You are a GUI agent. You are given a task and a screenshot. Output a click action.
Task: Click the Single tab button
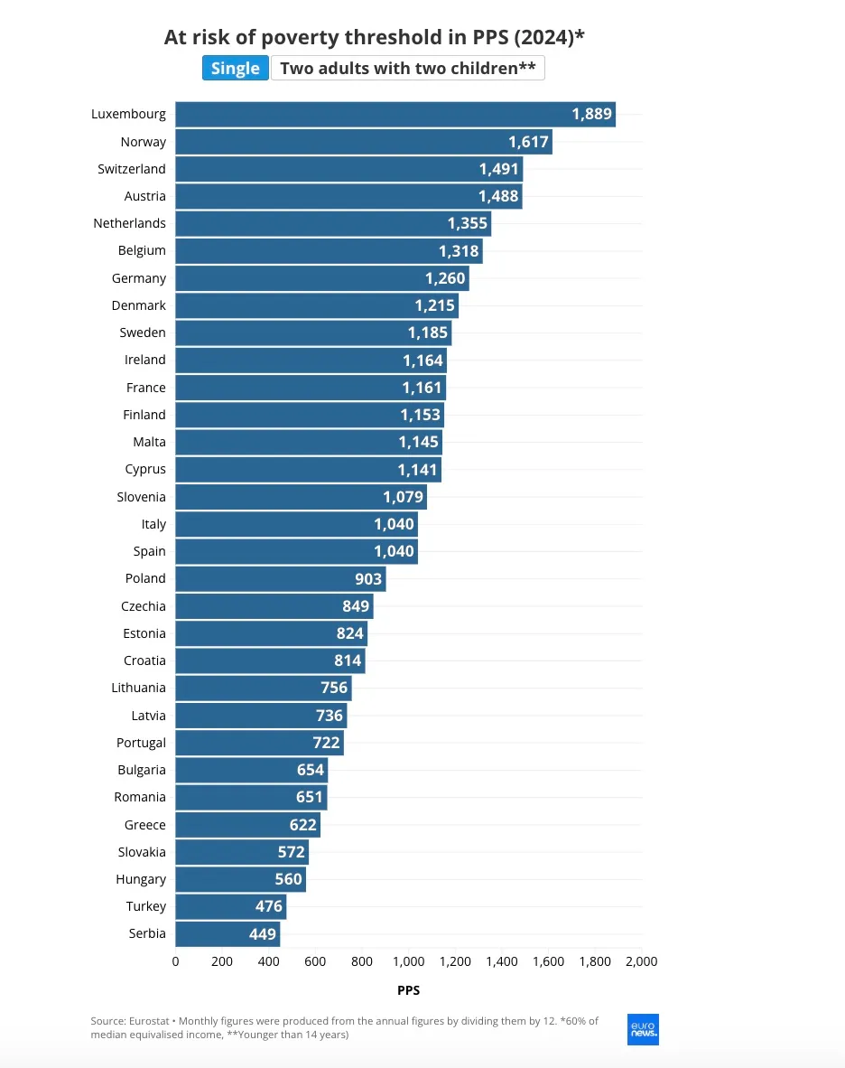click(236, 69)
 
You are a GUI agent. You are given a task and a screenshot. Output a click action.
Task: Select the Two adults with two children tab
click(408, 69)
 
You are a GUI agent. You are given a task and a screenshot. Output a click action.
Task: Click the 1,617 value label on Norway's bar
click(529, 142)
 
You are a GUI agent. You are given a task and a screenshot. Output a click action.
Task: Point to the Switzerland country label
click(132, 169)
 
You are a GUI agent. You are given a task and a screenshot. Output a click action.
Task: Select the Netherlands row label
click(130, 223)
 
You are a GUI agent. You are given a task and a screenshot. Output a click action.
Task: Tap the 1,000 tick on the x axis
click(408, 961)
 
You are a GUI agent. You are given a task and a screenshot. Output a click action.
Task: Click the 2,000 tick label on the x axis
click(641, 961)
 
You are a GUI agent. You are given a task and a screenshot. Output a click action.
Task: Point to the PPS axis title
click(408, 990)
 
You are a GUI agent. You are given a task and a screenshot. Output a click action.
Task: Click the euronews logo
click(643, 1029)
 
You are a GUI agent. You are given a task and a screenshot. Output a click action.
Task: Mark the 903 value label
click(368, 579)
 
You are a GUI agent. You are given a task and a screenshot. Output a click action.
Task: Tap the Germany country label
click(139, 278)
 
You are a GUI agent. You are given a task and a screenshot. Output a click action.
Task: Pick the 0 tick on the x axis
click(175, 961)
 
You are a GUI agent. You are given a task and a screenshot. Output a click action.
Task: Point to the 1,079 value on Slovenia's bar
click(403, 497)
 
